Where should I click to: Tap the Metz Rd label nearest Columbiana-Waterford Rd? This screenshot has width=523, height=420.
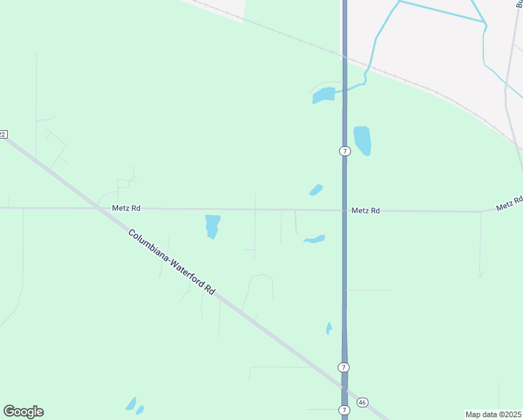pyautogui.click(x=126, y=208)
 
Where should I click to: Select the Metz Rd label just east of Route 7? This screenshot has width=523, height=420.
pyautogui.click(x=366, y=210)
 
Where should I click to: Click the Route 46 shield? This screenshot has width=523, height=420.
pyautogui.click(x=361, y=402)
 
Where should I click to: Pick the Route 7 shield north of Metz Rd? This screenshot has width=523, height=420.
pyautogui.click(x=344, y=151)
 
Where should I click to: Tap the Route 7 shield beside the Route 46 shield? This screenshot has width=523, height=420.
pyautogui.click(x=344, y=409)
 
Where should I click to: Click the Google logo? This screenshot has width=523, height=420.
pyautogui.click(x=23, y=412)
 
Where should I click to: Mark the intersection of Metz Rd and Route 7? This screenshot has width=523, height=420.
pyautogui.click(x=344, y=210)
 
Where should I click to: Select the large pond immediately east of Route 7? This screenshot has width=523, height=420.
pyautogui.click(x=361, y=140)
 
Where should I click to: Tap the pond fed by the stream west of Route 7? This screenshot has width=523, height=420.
pyautogui.click(x=323, y=95)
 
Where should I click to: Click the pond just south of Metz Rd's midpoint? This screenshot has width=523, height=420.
pyautogui.click(x=212, y=225)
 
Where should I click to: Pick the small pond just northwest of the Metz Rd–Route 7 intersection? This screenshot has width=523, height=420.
pyautogui.click(x=316, y=190)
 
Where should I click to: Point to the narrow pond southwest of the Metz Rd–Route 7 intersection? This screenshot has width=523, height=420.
pyautogui.click(x=315, y=239)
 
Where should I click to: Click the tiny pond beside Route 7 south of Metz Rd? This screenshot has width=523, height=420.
pyautogui.click(x=329, y=328)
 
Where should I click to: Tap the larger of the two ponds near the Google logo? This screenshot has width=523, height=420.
pyautogui.click(x=131, y=404)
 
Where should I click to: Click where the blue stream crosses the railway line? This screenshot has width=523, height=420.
pyautogui.click(x=366, y=69)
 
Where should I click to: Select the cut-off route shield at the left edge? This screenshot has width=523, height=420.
pyautogui.click(x=3, y=134)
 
